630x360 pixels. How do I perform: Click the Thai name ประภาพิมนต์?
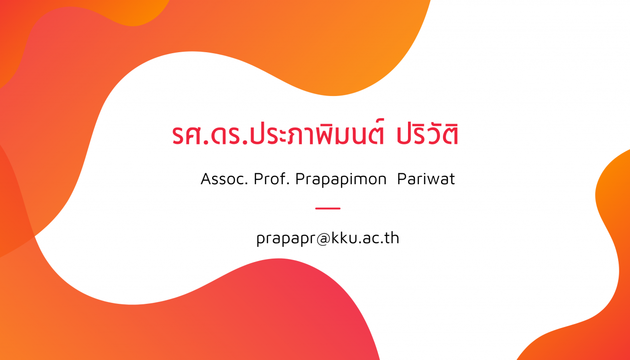coord(317,133)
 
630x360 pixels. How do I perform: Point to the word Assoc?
coord(224,179)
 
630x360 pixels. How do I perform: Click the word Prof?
coord(272,179)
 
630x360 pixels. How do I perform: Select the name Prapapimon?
coord(341,180)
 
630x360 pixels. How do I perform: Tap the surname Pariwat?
coord(426,179)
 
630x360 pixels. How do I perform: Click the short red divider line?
coord(328,209)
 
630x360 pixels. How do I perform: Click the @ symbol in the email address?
coord(323,239)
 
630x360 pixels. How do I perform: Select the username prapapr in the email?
coord(286,239)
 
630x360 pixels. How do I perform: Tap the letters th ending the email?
coord(392,238)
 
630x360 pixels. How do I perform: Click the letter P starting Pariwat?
coord(402,179)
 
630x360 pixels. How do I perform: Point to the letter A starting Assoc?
coord(206,179)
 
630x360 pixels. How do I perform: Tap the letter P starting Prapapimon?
coord(300,179)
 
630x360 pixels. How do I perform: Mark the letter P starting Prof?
coord(258,179)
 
